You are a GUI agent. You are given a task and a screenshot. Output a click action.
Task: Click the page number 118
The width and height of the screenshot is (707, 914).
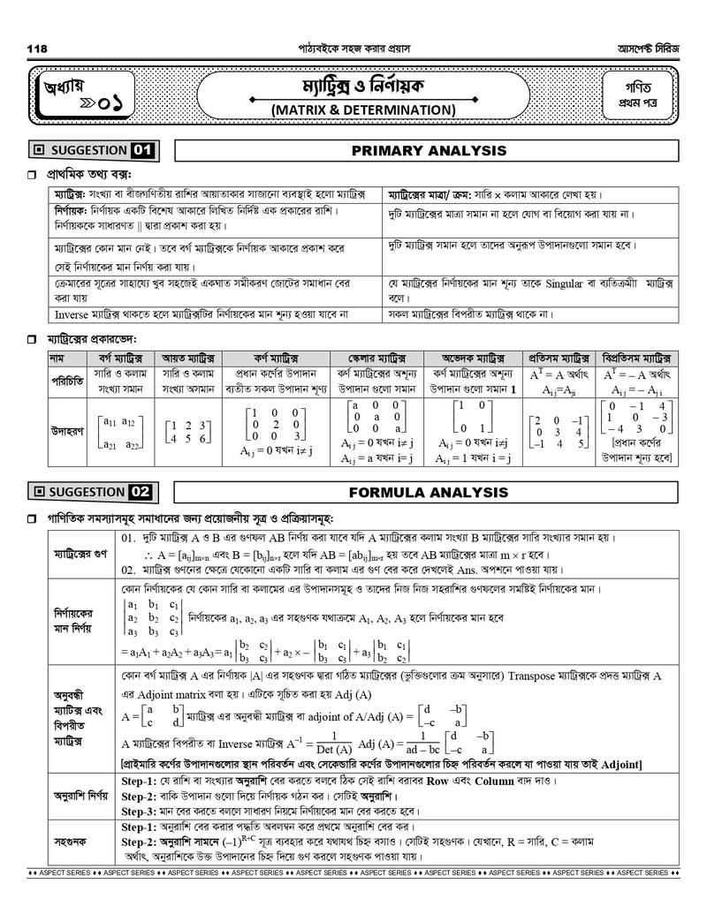[x=37, y=48]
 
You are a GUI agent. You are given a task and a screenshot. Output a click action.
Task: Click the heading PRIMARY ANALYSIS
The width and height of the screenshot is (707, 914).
[x=429, y=151]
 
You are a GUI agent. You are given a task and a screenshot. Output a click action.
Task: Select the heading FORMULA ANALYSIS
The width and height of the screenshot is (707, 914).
[x=429, y=492]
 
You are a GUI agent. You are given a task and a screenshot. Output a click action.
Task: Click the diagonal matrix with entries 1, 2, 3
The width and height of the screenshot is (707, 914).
[x=274, y=424]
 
